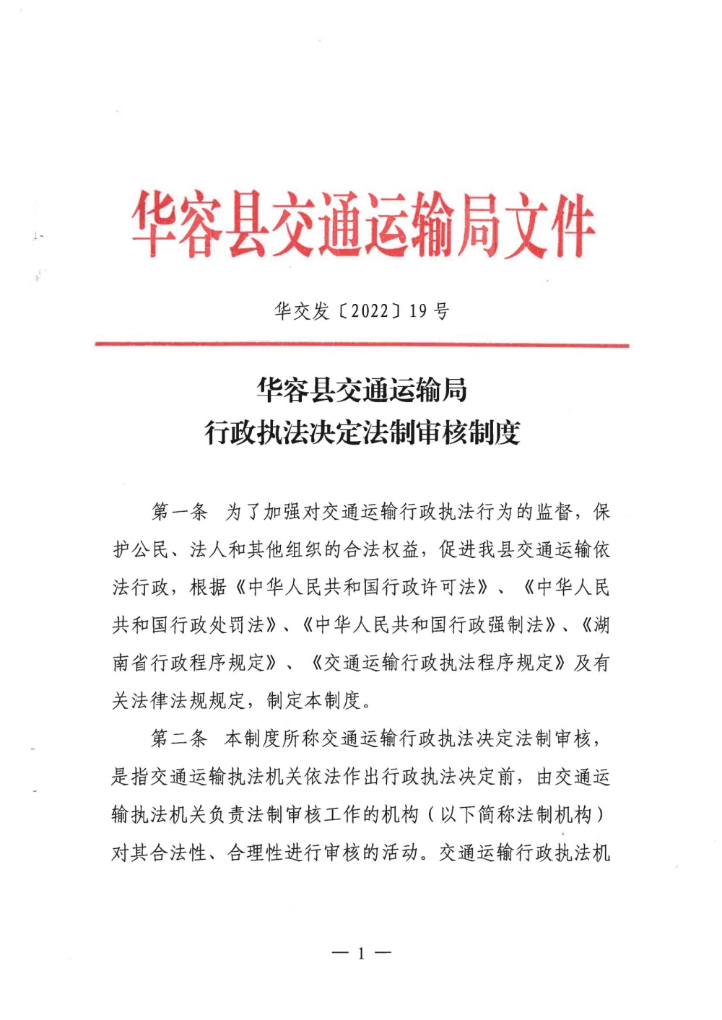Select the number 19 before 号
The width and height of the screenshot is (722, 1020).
(418, 311)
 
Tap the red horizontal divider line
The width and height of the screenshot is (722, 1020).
(361, 345)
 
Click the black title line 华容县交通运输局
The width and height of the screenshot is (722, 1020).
(362, 391)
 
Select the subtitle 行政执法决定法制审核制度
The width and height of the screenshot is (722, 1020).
(362, 433)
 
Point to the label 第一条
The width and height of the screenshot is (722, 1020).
(179, 513)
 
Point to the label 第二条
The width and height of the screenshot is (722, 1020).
(179, 738)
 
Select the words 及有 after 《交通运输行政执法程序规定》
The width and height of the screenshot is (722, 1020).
(592, 663)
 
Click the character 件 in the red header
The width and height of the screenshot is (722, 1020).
(568, 225)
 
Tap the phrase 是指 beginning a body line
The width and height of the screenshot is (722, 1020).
(131, 777)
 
